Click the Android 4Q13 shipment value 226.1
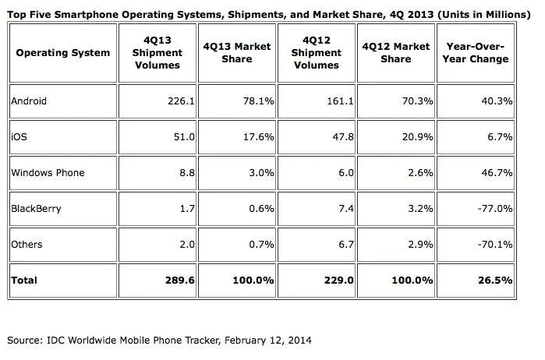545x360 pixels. [x=181, y=101]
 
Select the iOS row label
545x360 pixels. [x=19, y=137]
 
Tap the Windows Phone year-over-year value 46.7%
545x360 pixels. [x=497, y=173]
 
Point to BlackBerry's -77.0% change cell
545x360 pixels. [x=495, y=209]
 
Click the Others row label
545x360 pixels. [x=27, y=245]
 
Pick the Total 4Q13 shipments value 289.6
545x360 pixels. [x=179, y=280]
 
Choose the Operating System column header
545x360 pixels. [x=63, y=53]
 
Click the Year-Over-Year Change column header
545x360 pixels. [x=475, y=53]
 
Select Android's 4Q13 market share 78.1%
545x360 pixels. [x=259, y=101]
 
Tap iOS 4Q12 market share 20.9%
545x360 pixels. [x=417, y=137]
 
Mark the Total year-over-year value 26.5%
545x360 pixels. [x=495, y=280]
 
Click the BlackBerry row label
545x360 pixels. [x=36, y=209]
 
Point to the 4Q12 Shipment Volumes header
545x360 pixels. [x=317, y=53]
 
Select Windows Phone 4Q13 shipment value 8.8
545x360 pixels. [x=187, y=173]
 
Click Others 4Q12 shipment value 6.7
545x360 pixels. [x=346, y=245]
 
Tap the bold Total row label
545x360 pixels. [x=24, y=280]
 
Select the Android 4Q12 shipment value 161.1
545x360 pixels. [x=340, y=101]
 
